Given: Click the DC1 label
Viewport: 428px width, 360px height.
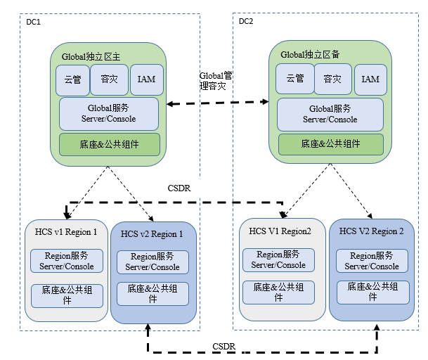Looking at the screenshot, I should click(34, 22).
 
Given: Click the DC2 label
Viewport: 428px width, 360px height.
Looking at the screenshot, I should click(246, 21).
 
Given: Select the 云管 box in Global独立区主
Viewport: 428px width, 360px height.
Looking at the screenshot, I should click(72, 79).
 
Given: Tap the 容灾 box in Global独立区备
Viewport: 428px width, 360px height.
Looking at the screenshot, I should click(332, 79).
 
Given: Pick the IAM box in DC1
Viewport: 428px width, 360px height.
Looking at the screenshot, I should click(146, 79).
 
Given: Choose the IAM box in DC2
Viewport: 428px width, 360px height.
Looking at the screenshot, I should click(370, 79).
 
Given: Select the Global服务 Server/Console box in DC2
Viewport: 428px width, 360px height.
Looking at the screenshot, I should click(330, 114).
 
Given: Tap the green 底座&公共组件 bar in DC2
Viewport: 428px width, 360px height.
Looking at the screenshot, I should click(330, 144).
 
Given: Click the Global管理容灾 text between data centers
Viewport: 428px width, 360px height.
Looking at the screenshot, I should click(212, 81).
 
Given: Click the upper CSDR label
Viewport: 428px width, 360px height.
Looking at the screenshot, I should click(180, 188).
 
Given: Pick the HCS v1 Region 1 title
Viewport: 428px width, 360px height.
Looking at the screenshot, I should click(66, 231).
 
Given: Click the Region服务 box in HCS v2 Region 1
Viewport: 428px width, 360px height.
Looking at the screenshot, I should click(153, 262).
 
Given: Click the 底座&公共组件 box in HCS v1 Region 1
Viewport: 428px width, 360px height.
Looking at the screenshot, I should click(66, 294).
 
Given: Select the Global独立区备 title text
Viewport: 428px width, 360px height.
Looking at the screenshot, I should click(310, 53).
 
